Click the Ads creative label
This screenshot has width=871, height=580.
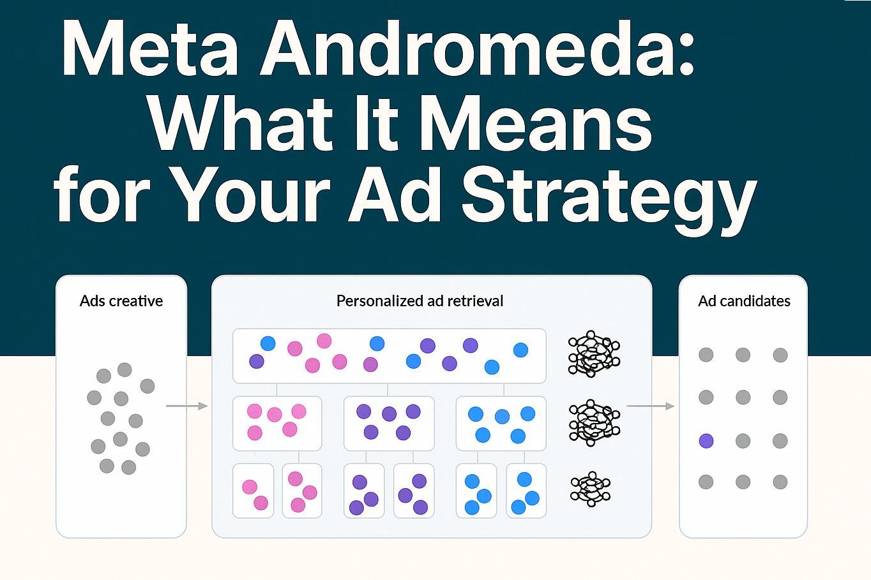pyautogui.click(x=121, y=301)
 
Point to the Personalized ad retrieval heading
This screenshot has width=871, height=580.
pyautogui.click(x=420, y=301)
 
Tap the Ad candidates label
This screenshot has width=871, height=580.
pyautogui.click(x=744, y=301)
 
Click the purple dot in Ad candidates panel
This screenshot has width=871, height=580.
pyautogui.click(x=706, y=440)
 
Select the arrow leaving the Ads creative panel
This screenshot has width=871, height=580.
pyautogui.click(x=187, y=406)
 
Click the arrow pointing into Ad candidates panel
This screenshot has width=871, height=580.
pyautogui.click(x=651, y=406)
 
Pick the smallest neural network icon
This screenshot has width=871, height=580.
pyautogui.click(x=591, y=489)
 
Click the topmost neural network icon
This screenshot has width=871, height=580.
pyautogui.click(x=593, y=354)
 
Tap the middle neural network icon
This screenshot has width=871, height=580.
pyautogui.click(x=594, y=422)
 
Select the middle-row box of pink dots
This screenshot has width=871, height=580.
pyautogui.click(x=277, y=423)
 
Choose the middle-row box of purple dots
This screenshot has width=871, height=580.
pyautogui.click(x=389, y=423)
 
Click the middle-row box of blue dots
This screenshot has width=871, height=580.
pyautogui.click(x=501, y=423)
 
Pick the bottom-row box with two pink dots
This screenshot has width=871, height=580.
pyautogui.click(x=254, y=490)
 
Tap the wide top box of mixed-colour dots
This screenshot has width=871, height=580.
pyautogui.click(x=389, y=355)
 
